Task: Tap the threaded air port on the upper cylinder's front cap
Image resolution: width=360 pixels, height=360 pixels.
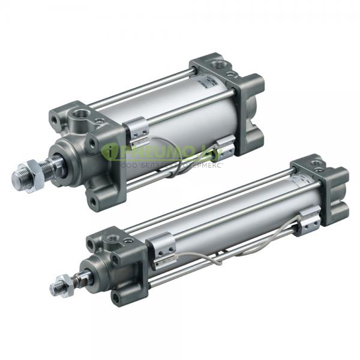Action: pyautogui.click(x=80, y=112)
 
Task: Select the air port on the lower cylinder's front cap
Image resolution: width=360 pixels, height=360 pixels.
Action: pyautogui.click(x=110, y=241)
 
